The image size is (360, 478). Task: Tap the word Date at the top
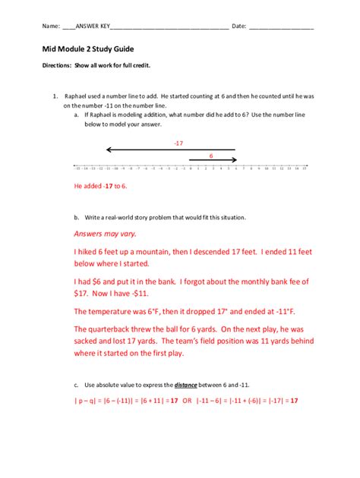coord(238,27)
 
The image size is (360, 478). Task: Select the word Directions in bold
coord(56,66)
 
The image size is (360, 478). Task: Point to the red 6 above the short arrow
coord(211,155)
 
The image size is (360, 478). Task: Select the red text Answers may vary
coord(105,234)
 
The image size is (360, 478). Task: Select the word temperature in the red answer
coord(122,311)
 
